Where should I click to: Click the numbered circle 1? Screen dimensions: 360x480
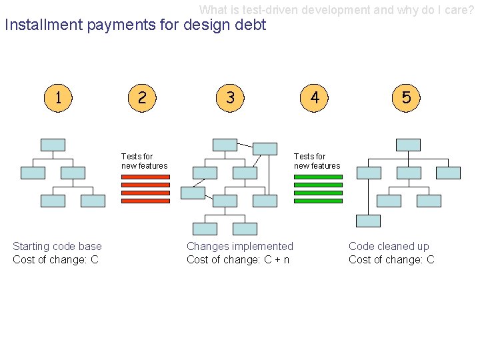59,98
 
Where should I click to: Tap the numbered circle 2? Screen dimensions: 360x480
141,98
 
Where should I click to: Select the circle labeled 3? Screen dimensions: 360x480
230,98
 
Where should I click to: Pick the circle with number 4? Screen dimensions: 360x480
315,98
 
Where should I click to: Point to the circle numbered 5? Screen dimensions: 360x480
407,98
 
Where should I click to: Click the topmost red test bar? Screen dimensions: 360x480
145,177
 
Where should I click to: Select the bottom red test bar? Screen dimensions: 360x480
145,200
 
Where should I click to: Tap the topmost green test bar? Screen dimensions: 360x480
318,177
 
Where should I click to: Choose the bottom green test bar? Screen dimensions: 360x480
318,200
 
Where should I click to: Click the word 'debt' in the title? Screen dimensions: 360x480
249,25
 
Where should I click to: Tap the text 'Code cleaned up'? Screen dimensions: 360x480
389,247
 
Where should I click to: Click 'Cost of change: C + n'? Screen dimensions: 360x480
238,260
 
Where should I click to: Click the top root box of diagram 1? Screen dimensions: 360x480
53,145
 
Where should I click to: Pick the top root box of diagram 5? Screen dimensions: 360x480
408,145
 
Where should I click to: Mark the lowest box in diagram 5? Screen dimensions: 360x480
368,221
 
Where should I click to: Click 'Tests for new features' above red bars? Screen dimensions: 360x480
144,161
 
